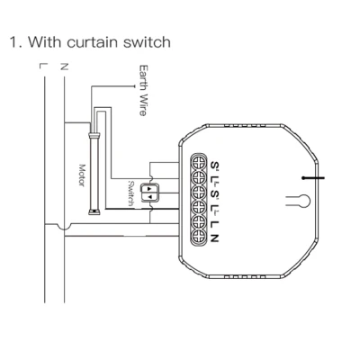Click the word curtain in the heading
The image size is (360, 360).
(92, 42)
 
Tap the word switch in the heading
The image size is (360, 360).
(147, 42)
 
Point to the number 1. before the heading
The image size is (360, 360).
(15, 42)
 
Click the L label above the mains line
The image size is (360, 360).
(42, 66)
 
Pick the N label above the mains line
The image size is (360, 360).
(64, 66)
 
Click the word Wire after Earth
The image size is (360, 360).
(143, 104)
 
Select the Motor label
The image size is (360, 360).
(82, 175)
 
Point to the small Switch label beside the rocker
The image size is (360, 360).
(130, 193)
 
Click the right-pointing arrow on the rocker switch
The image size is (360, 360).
(149, 189)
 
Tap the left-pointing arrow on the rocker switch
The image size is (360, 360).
(149, 197)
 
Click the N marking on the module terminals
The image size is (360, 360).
(214, 238)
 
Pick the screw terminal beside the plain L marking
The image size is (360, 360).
(199, 222)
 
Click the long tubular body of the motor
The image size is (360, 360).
(94, 174)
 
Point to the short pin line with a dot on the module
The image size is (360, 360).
(313, 178)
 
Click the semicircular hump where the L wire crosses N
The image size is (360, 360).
(65, 227)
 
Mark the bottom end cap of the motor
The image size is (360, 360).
(94, 212)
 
